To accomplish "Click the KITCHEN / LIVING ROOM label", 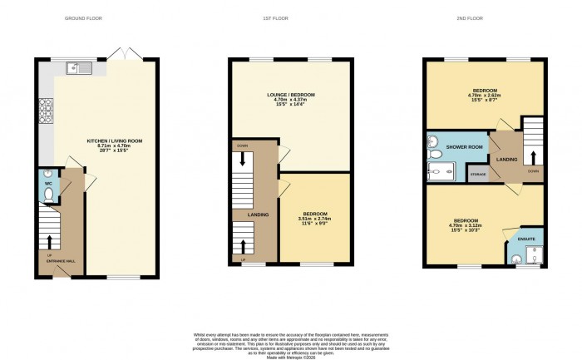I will pyautogui.click(x=116, y=142).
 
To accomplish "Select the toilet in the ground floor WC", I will pyautogui.click(x=48, y=195).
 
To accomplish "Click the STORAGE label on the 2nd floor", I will pyautogui.click(x=477, y=175).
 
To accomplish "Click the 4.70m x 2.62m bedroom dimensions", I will pyautogui.click(x=484, y=96).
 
